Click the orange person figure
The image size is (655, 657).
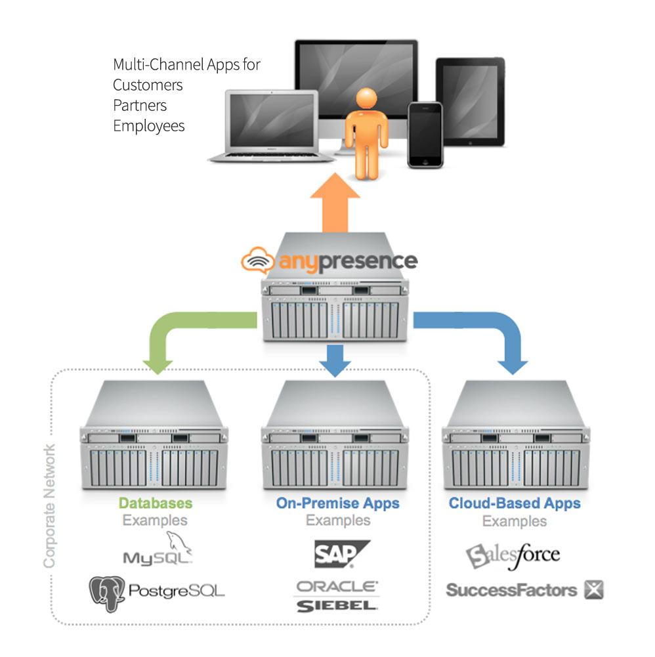click(366, 134)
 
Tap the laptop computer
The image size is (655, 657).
click(272, 126)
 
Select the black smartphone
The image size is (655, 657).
click(425, 135)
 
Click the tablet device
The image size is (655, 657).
click(470, 102)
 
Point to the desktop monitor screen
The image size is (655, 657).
click(356, 79)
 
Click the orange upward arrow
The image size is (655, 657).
click(335, 202)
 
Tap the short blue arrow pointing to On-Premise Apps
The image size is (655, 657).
click(335, 360)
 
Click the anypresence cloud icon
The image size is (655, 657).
click(258, 260)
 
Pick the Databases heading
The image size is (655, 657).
click(156, 503)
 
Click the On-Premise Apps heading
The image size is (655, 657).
click(338, 503)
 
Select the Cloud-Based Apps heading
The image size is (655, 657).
click(515, 503)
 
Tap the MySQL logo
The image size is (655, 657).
click(158, 549)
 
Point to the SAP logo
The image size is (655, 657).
click(342, 554)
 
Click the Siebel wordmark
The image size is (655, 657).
click(337, 606)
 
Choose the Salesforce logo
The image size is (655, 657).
click(513, 556)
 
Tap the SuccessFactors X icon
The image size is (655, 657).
click(594, 590)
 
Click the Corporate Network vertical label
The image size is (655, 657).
click(49, 506)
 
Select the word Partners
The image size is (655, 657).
click(140, 105)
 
